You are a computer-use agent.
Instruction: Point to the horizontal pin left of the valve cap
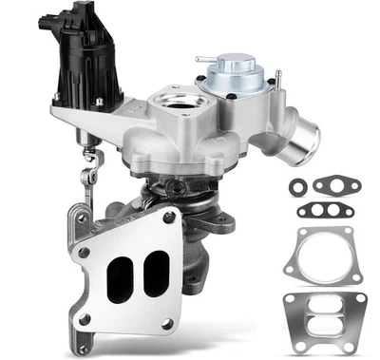(203, 59)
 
